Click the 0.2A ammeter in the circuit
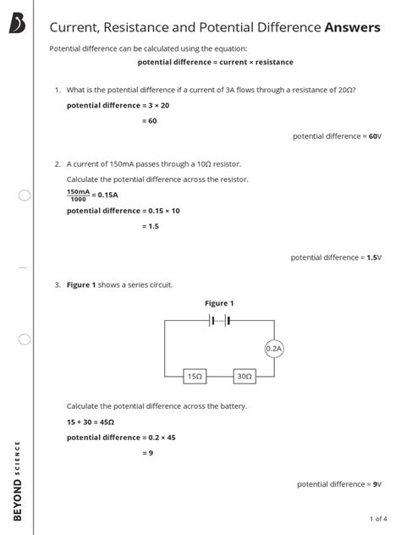tap(273, 348)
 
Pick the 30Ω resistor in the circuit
tap(244, 375)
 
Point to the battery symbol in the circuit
tap(219, 320)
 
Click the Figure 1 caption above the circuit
tap(219, 302)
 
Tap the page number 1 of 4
tap(378, 518)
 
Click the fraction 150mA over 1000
tap(80, 195)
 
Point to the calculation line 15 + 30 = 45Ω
tap(91, 422)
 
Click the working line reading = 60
tap(150, 121)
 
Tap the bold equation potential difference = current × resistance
tap(215, 63)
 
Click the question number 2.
tap(57, 163)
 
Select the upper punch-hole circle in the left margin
tap(25, 196)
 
